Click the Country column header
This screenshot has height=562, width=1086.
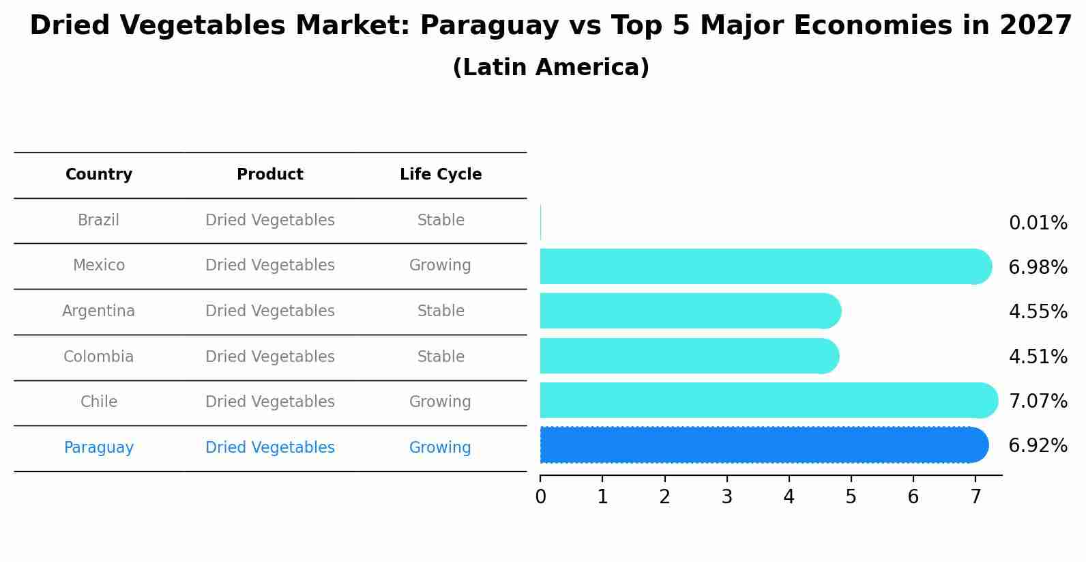tap(99, 175)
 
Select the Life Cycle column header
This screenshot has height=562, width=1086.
tap(441, 175)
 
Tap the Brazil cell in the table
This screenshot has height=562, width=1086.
tap(98, 221)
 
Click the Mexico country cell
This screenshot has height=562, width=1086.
tap(99, 266)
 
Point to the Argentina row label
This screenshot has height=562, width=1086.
tap(98, 311)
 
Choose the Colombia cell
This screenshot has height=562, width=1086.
tap(98, 357)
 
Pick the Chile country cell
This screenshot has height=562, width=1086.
tap(99, 402)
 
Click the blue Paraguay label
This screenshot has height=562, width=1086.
tap(99, 448)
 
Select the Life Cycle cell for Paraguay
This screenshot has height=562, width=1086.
tap(440, 448)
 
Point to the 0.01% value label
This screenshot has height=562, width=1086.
tap(1038, 223)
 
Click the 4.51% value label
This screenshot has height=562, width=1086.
tap(1038, 357)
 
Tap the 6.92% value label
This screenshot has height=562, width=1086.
tap(1038, 446)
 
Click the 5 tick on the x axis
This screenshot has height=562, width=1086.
tap(851, 497)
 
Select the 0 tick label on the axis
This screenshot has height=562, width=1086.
tap(540, 497)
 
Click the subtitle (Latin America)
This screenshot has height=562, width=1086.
tap(551, 68)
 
